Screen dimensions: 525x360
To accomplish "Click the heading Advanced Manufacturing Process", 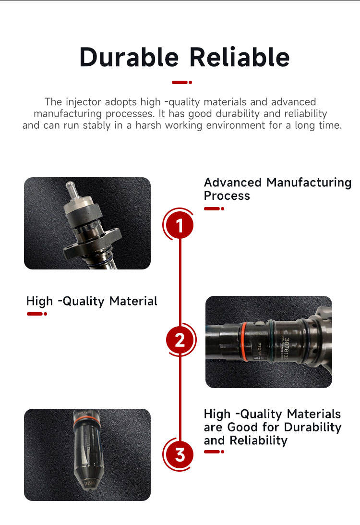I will click(277, 189).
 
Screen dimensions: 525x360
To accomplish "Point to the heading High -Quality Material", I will click(92, 301).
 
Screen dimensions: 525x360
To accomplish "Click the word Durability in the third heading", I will click(312, 427).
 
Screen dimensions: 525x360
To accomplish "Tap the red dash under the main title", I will click(181, 82).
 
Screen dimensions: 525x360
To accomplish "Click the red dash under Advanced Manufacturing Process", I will click(214, 208).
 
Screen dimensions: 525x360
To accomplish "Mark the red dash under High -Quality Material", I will click(36, 314).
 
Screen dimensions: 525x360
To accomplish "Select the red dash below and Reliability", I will click(214, 452).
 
